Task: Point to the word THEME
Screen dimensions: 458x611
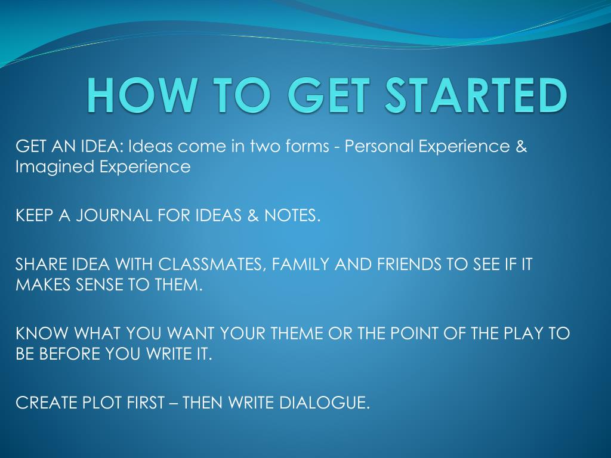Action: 296,333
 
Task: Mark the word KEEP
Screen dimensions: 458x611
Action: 34,216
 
